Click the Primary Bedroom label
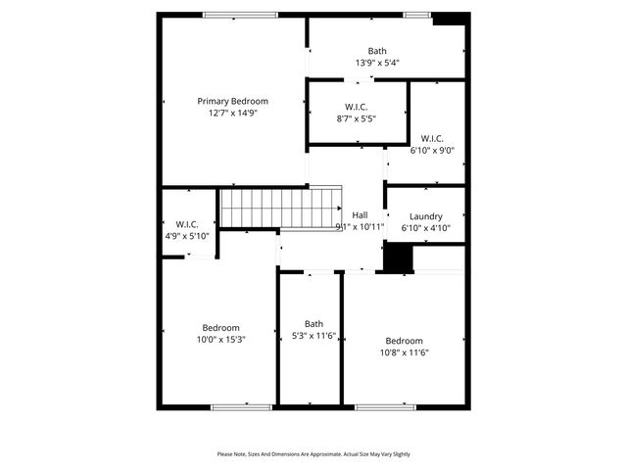point(232,101)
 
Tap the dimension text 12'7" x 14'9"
point(232,113)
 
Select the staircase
point(249,208)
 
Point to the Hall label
point(360,215)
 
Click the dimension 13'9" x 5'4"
point(377,63)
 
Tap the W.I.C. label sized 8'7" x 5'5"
point(357,107)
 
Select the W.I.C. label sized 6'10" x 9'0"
point(432,138)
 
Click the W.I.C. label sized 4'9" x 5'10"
point(187,224)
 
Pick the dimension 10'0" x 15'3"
point(221,340)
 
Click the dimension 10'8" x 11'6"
point(404,352)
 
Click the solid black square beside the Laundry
point(397,258)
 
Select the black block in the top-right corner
point(449,19)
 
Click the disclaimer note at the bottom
point(313,454)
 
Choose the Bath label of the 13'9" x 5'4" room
point(377,51)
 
